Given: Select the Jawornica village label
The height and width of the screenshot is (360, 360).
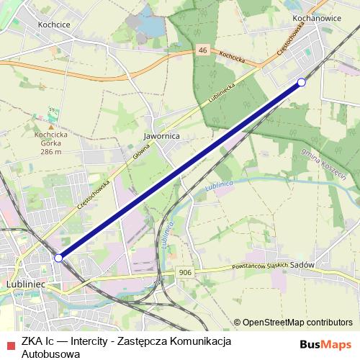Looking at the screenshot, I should point(161,135).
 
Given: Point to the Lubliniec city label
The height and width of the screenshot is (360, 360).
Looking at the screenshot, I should point(25,284).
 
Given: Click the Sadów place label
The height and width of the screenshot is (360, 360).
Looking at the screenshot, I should point(305,264).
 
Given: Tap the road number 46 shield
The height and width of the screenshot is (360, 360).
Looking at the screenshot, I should point(203,50).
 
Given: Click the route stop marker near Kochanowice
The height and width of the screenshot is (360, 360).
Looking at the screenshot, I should point(302,83).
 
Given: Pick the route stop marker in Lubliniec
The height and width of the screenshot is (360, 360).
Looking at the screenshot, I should point(58,257).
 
